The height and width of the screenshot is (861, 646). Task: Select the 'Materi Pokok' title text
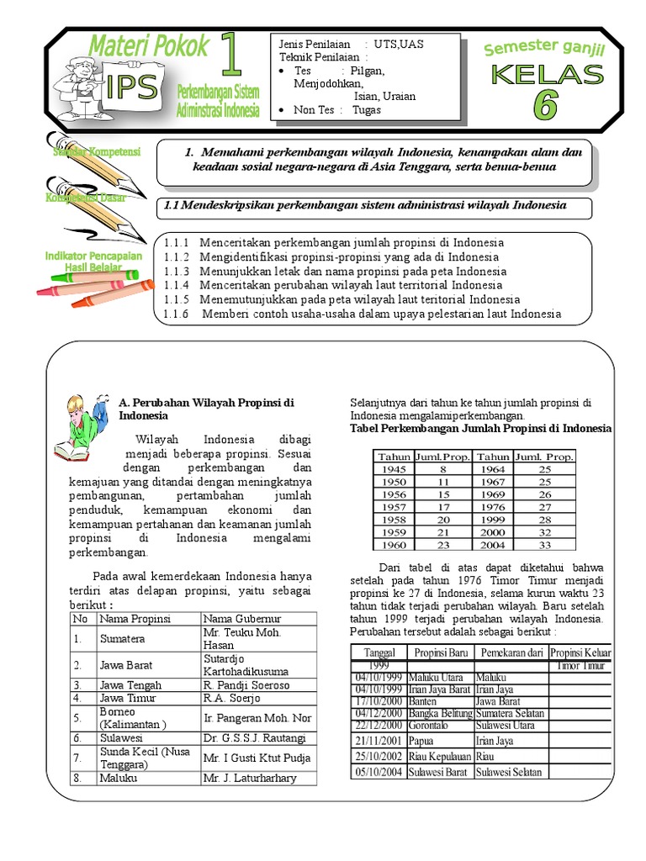point(148,46)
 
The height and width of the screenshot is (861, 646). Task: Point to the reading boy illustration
point(82,427)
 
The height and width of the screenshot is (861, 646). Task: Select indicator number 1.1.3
point(177,272)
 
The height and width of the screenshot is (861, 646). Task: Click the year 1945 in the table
point(392,469)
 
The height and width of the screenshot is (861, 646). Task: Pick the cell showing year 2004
point(493,545)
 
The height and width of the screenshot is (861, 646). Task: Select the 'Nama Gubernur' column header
point(238,619)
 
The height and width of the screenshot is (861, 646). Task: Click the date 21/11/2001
point(379,741)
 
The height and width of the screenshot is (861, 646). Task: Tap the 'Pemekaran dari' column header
point(510,653)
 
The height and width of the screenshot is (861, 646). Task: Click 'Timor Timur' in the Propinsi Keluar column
point(580,665)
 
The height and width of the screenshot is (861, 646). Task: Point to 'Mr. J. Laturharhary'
point(250,778)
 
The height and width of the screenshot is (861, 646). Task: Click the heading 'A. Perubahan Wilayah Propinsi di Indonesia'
point(205,409)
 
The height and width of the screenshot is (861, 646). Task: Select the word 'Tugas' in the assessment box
point(367,110)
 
